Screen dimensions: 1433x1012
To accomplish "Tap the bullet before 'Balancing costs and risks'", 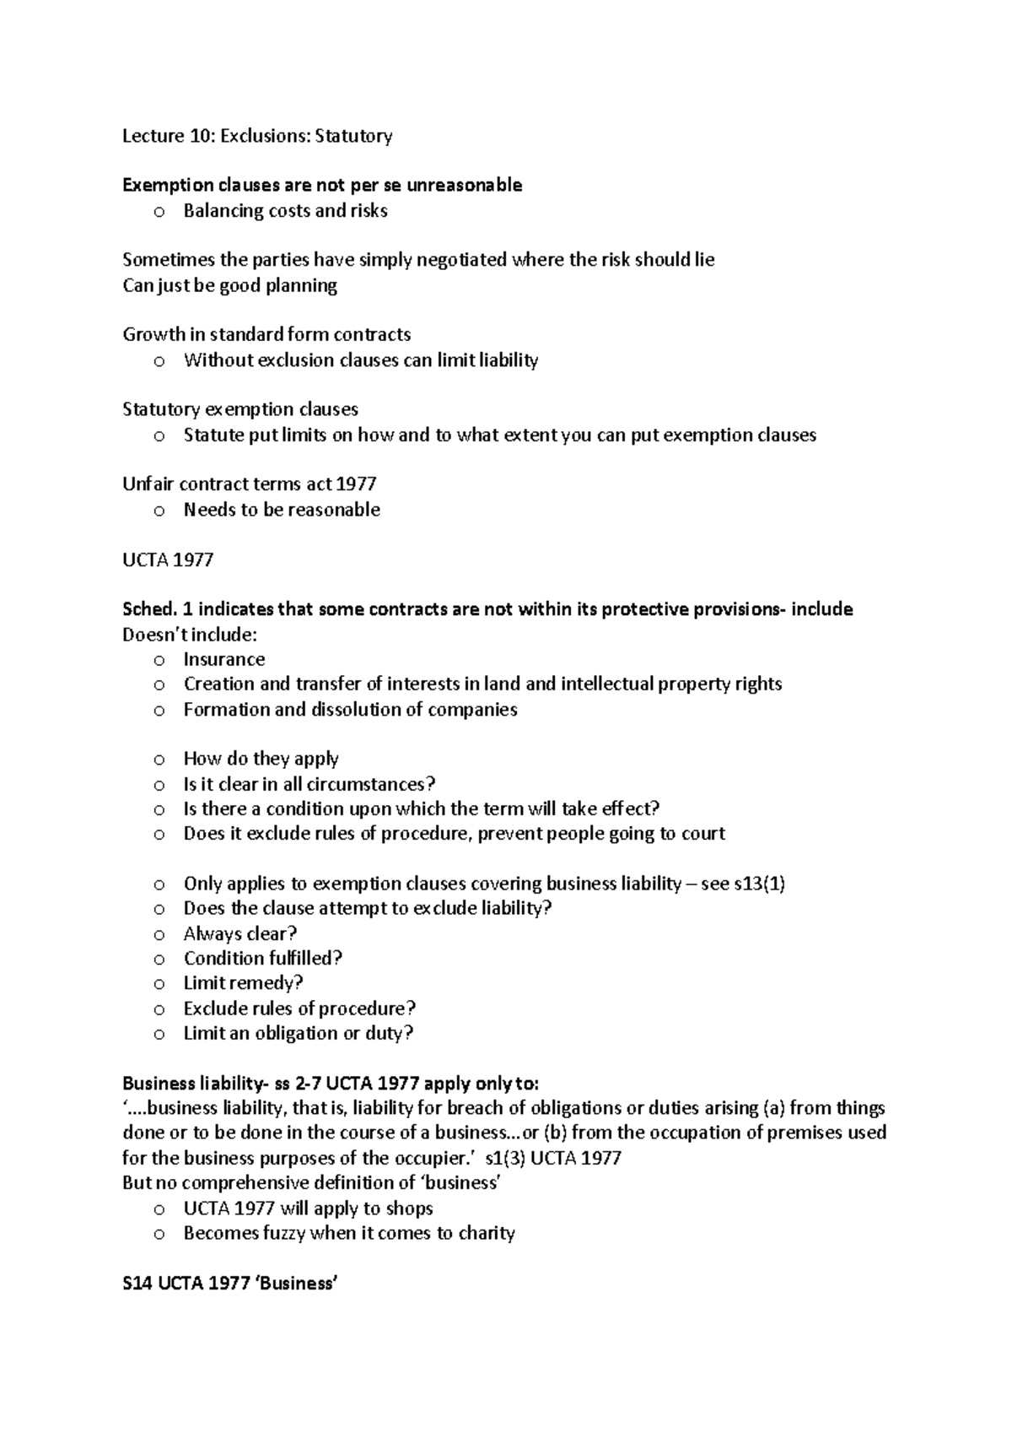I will (x=159, y=212).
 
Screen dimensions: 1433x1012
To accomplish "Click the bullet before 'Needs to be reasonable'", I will (x=159, y=511).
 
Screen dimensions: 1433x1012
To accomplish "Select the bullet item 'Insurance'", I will (x=224, y=659).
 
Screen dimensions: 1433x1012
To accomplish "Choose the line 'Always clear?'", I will (x=240, y=933).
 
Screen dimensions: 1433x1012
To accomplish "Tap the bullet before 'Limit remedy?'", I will (x=159, y=984).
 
